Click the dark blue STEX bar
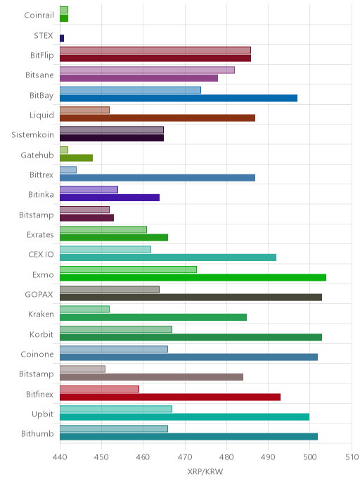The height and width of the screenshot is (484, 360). pyautogui.click(x=62, y=38)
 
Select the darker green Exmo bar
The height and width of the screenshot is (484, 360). pyautogui.click(x=193, y=277)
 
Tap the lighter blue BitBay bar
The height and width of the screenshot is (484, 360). pyautogui.click(x=130, y=90)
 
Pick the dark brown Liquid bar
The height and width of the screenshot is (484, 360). pyautogui.click(x=157, y=118)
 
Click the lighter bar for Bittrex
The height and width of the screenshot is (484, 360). pyautogui.click(x=68, y=170)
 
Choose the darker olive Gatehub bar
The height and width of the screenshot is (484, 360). pyautogui.click(x=76, y=158)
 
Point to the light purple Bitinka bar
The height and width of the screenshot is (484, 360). pyautogui.click(x=89, y=189)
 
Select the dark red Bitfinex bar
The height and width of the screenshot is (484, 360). pyautogui.click(x=170, y=397)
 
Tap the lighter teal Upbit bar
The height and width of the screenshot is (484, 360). pyautogui.click(x=116, y=409)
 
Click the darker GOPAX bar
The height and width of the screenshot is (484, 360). pyautogui.click(x=191, y=298)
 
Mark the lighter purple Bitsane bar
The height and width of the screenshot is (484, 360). pyautogui.click(x=147, y=70)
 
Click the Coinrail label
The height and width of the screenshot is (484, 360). pyautogui.click(x=39, y=15)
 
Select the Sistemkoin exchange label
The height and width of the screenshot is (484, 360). pyautogui.click(x=33, y=135)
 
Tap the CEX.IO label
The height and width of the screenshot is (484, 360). pyautogui.click(x=41, y=255)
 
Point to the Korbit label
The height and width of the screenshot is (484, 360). pyautogui.click(x=41, y=334)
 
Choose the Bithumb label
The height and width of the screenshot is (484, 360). pyautogui.click(x=37, y=433)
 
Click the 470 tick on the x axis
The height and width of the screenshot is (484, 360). pyautogui.click(x=185, y=457)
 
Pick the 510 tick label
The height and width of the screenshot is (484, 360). pyautogui.click(x=352, y=457)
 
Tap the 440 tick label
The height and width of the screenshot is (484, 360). pyautogui.click(x=60, y=457)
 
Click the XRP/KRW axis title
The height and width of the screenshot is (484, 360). pyautogui.click(x=205, y=471)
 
